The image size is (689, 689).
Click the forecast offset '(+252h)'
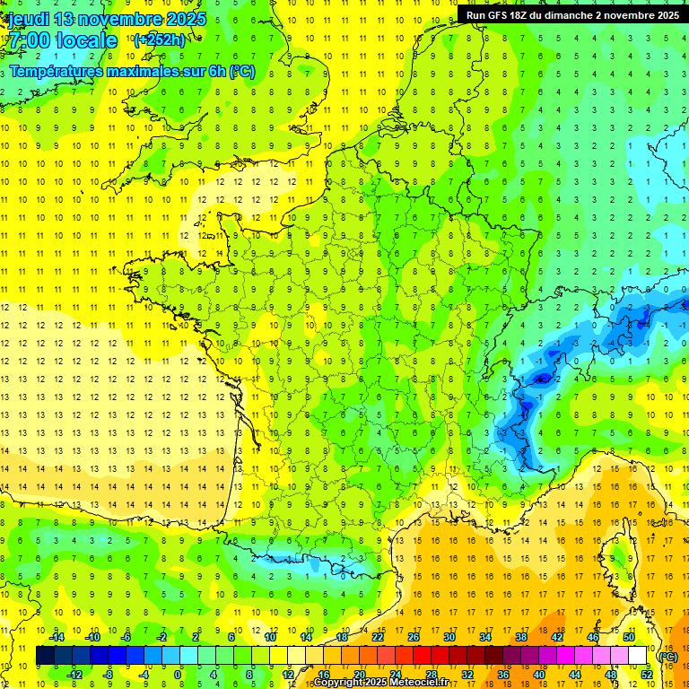[x=160, y=39]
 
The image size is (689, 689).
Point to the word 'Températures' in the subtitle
[x=57, y=71]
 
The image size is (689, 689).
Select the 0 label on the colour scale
[x=178, y=675]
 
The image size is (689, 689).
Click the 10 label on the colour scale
[x=269, y=637]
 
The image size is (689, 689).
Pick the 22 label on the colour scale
[x=378, y=637]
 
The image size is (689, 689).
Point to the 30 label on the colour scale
[x=449, y=637]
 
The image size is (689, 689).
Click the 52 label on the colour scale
[x=647, y=675]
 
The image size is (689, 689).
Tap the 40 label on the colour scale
[x=538, y=675]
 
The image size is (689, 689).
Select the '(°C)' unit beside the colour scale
[x=667, y=656]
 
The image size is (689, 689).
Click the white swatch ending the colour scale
[x=638, y=656]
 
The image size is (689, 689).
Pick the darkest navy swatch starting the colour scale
[x=45, y=656]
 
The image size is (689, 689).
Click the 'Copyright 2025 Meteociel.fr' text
[x=380, y=683]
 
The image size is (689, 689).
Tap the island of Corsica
[x=613, y=549]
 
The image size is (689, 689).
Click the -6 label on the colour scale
[x=126, y=637]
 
